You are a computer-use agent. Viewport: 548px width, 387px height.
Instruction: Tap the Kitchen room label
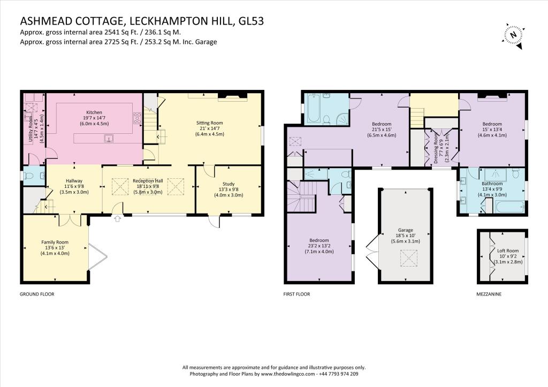point(94,118)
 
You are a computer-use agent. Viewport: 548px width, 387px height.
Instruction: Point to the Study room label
point(229,189)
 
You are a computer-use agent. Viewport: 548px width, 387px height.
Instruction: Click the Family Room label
point(56,248)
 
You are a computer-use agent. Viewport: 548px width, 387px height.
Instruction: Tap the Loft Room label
point(508,256)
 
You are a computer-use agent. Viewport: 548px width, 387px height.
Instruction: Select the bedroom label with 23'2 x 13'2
point(318,246)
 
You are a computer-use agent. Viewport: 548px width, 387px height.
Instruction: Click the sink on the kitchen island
point(109,139)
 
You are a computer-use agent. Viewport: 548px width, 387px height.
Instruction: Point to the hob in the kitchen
point(137,118)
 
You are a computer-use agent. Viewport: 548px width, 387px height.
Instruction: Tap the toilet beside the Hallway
point(30,176)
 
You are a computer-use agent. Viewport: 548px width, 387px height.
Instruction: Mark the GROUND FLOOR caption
point(37,294)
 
